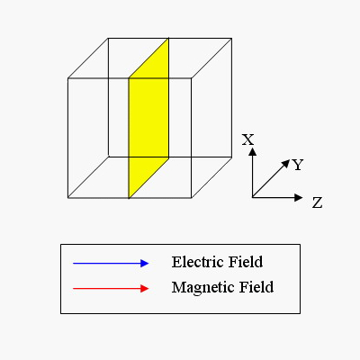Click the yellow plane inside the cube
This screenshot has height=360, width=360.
pyautogui.click(x=148, y=118)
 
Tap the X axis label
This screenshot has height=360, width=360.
pyautogui.click(x=248, y=139)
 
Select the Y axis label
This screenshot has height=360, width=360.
pyautogui.click(x=298, y=165)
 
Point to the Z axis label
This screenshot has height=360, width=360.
pyautogui.click(x=317, y=202)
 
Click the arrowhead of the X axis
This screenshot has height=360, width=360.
pyautogui.click(x=253, y=151)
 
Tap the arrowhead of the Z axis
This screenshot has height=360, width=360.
pyautogui.click(x=299, y=197)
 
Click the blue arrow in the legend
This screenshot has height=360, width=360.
pyautogui.click(x=111, y=264)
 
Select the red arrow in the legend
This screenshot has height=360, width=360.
pyautogui.click(x=111, y=289)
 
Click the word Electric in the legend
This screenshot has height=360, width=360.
pyautogui.click(x=198, y=262)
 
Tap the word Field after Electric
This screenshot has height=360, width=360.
pyautogui.click(x=246, y=262)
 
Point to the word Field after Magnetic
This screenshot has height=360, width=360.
pyautogui.click(x=256, y=287)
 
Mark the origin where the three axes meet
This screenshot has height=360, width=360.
pyautogui.click(x=253, y=197)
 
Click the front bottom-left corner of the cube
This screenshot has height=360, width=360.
pyautogui.click(x=68, y=198)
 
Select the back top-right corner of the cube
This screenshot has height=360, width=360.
pyautogui.click(x=231, y=38)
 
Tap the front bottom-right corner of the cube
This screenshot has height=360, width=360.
pyautogui.click(x=192, y=198)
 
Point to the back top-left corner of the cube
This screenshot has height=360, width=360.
pyautogui.click(x=108, y=38)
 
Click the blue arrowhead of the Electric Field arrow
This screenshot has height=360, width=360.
pyautogui.click(x=145, y=264)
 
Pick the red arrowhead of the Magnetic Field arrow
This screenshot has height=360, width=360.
pyautogui.click(x=145, y=289)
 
